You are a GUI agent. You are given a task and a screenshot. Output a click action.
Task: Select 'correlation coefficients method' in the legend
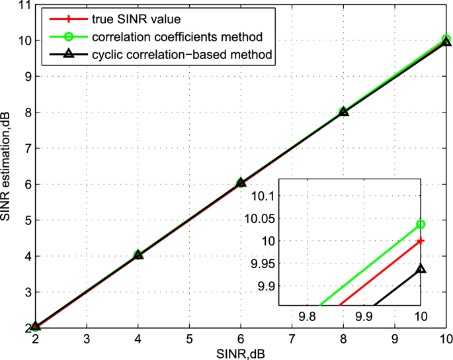(x=182, y=36)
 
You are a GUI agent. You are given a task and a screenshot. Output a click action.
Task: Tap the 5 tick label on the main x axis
(x=189, y=338)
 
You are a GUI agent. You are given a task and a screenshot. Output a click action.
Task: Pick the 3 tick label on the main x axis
(x=87, y=338)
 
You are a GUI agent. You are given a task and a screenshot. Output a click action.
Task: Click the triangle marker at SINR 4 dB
(x=138, y=255)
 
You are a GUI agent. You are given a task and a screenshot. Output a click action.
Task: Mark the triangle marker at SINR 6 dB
(x=241, y=183)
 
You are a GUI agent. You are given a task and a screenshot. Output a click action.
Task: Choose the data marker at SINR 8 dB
(x=344, y=111)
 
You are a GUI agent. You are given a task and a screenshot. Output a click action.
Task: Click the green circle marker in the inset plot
(x=421, y=224)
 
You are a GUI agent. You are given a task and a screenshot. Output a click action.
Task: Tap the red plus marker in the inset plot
(x=421, y=241)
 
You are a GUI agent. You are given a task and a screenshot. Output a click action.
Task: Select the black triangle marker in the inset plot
(x=421, y=269)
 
